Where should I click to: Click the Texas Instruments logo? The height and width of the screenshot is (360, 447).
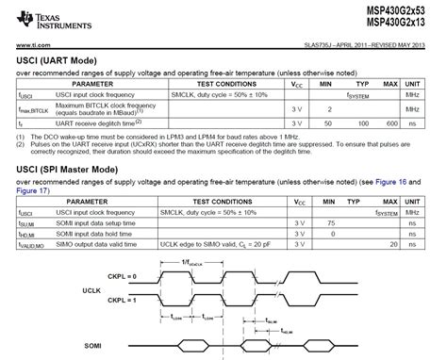[38, 17]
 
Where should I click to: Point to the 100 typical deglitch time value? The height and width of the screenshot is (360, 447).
[356, 123]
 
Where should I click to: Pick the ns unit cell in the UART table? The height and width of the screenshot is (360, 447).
[411, 123]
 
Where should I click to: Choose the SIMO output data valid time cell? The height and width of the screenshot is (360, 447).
[103, 244]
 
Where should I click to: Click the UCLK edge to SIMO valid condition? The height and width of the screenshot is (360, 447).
[235, 244]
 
